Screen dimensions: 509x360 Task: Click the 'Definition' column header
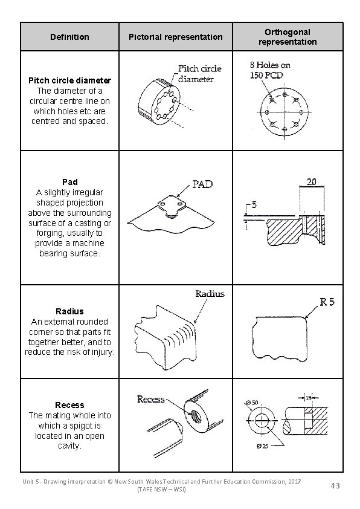click(x=69, y=37)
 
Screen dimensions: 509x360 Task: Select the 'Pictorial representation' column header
click(x=175, y=37)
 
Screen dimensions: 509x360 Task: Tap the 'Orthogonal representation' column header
click(x=287, y=37)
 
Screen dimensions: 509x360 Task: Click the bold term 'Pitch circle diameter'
click(x=69, y=80)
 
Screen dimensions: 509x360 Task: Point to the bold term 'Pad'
click(x=69, y=182)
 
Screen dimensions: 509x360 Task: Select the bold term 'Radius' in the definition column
click(x=69, y=311)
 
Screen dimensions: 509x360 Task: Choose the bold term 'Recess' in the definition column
click(x=69, y=405)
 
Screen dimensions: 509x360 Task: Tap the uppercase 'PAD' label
click(x=202, y=184)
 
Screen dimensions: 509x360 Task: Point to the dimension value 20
click(x=312, y=181)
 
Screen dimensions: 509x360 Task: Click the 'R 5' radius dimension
click(x=326, y=302)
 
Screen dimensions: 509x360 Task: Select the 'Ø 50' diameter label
click(x=252, y=403)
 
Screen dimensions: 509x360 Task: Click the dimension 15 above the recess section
click(x=308, y=397)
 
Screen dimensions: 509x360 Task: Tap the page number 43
click(x=335, y=485)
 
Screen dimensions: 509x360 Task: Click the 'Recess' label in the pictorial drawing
click(x=150, y=399)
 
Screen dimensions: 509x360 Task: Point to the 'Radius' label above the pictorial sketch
click(x=210, y=294)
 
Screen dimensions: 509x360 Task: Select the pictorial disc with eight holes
click(x=157, y=100)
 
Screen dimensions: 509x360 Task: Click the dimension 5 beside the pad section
click(x=254, y=205)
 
